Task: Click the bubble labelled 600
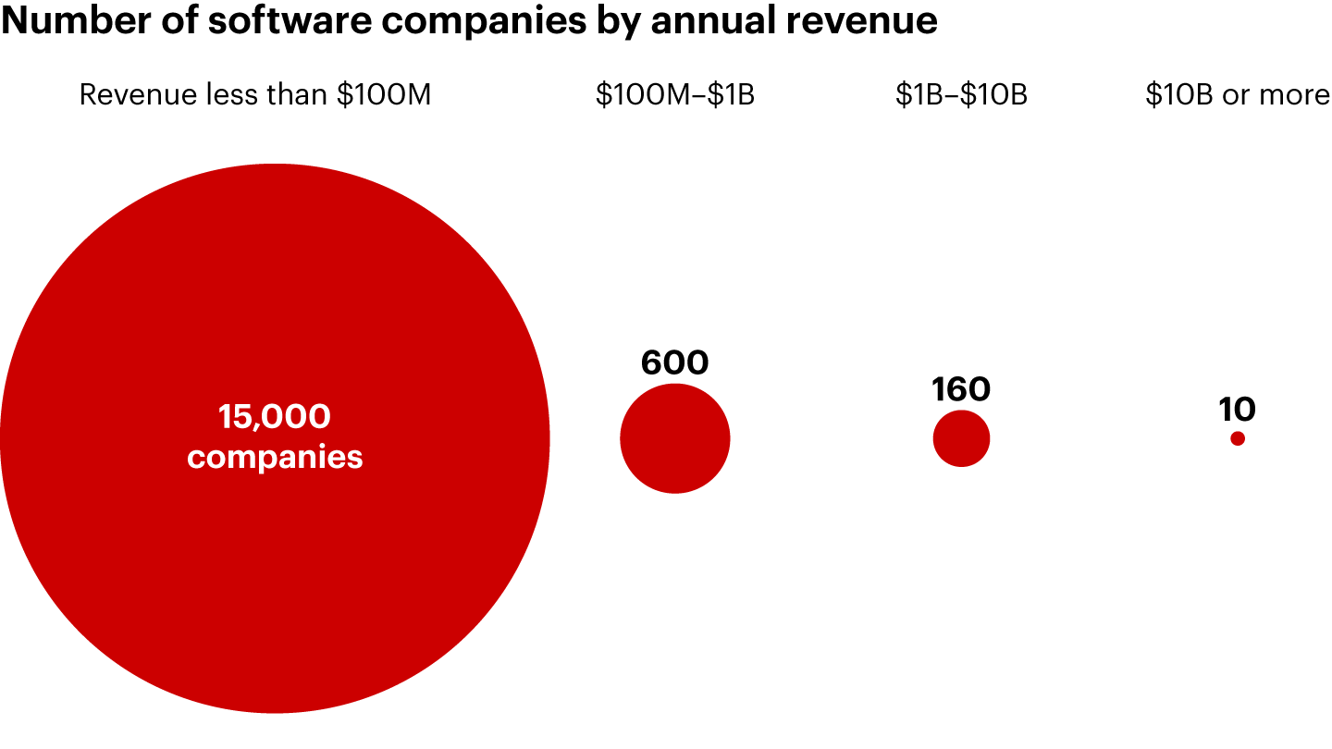click(675, 438)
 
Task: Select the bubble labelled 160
click(961, 438)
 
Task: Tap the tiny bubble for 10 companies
click(1238, 438)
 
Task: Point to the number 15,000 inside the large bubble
click(274, 418)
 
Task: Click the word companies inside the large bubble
click(274, 457)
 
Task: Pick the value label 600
click(674, 363)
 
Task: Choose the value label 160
click(961, 390)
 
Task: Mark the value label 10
click(1237, 410)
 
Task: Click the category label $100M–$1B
click(674, 95)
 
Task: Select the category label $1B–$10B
click(961, 95)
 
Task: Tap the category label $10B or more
click(1237, 95)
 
